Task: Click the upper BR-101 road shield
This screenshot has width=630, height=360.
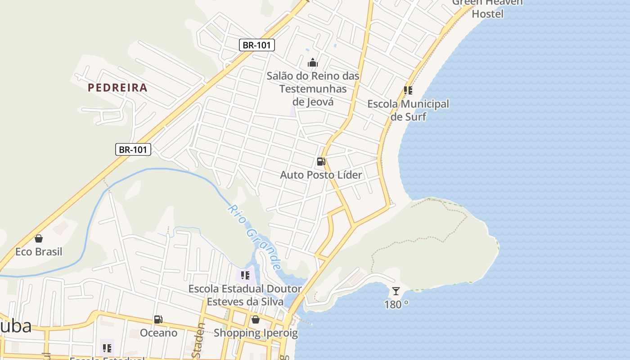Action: [256, 45]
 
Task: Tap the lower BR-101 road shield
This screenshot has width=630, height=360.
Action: [133, 149]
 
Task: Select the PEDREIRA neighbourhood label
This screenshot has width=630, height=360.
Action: [117, 88]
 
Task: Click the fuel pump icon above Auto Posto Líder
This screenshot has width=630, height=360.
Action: [321, 162]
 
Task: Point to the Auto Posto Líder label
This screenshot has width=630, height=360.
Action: [321, 175]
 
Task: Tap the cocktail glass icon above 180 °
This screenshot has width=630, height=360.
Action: [396, 291]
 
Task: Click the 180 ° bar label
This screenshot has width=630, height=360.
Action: [396, 305]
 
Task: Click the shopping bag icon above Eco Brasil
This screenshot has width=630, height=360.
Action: [39, 238]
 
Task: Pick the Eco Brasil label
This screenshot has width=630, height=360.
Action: [39, 252]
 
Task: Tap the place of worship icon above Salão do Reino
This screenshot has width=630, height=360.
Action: [313, 63]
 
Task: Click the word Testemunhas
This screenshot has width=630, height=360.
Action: [313, 89]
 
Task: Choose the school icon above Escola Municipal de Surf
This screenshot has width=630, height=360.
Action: [408, 90]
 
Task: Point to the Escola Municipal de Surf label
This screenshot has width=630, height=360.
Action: [408, 110]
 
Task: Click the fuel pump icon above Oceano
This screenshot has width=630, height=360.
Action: [158, 319]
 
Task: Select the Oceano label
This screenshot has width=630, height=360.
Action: [158, 333]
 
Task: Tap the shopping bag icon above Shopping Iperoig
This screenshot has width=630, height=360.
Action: [256, 319]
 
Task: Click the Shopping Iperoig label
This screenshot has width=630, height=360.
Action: [256, 333]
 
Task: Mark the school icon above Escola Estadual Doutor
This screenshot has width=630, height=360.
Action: [245, 275]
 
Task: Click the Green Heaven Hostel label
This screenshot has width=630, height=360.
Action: [487, 8]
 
